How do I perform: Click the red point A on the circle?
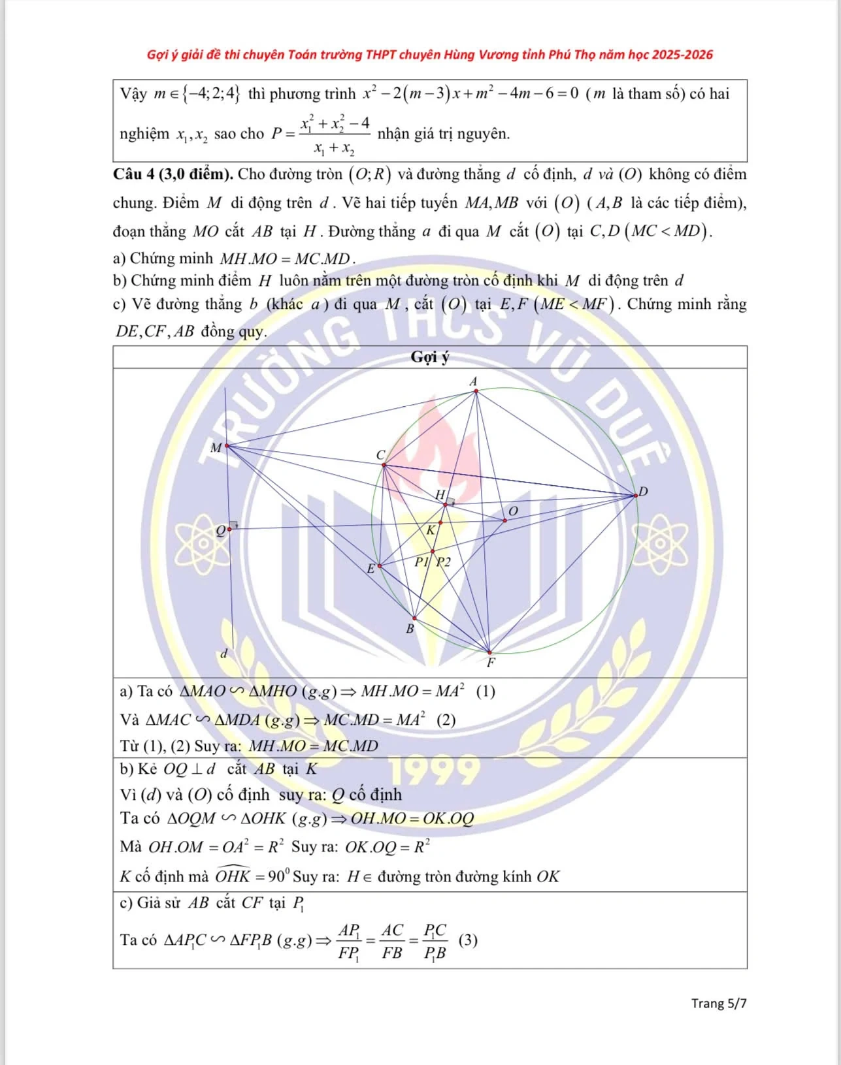click(476, 390)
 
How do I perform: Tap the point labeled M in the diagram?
click(226, 446)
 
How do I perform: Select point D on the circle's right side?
click(635, 496)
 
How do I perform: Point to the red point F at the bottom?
click(489, 652)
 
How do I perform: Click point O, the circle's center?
click(505, 520)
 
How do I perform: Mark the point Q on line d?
click(229, 529)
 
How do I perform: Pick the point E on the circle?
click(380, 565)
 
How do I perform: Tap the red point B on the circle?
click(414, 618)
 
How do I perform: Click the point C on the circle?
click(384, 465)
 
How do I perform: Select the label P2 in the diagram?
click(443, 562)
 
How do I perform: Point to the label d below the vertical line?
click(224, 654)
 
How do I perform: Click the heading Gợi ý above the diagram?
click(430, 357)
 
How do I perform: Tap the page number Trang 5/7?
click(719, 1004)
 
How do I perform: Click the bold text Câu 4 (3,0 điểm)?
click(173, 174)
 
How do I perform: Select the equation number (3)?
click(468, 940)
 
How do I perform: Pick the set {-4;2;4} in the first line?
click(212, 94)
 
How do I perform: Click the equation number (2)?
click(446, 720)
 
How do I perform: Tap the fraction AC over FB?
click(392, 941)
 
